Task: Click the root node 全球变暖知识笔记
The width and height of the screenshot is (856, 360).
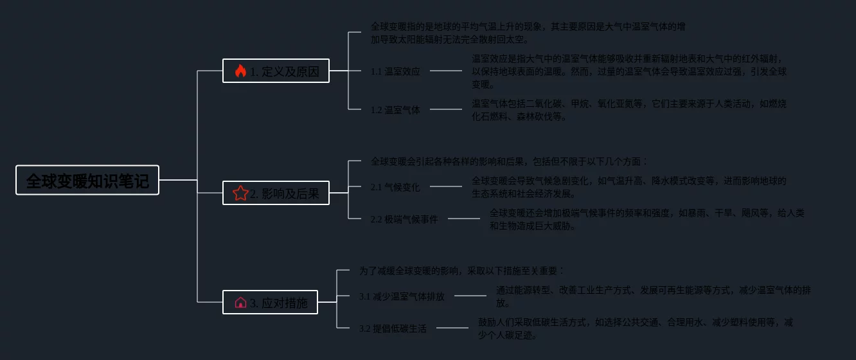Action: point(87,181)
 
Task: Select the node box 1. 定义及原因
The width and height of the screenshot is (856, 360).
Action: point(276,71)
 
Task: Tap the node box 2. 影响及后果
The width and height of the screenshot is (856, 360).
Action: point(276,193)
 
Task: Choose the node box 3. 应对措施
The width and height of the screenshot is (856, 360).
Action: point(270,302)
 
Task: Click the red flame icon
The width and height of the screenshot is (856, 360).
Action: point(240,71)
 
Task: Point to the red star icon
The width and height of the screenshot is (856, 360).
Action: point(240,193)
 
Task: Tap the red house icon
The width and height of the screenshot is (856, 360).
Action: point(240,302)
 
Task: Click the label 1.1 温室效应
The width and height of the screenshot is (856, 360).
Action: point(395,71)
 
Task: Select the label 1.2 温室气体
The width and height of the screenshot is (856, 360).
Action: point(395,110)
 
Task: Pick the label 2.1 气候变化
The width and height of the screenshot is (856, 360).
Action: point(395,187)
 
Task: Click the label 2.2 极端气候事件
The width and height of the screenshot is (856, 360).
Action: point(404,219)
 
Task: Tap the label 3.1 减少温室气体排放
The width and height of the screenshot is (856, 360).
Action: point(406,296)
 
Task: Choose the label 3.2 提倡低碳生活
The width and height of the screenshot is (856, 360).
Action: point(393,328)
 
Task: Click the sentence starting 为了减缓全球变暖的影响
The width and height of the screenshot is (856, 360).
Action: point(461,271)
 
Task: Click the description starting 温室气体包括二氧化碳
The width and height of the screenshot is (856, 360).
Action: point(629,110)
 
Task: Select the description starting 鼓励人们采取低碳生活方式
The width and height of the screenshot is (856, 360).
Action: point(635,328)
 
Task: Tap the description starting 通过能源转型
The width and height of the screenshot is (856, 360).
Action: point(653,296)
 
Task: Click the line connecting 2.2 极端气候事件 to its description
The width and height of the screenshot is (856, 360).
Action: point(464,219)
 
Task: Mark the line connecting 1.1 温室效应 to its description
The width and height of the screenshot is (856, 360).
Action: point(446,71)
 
